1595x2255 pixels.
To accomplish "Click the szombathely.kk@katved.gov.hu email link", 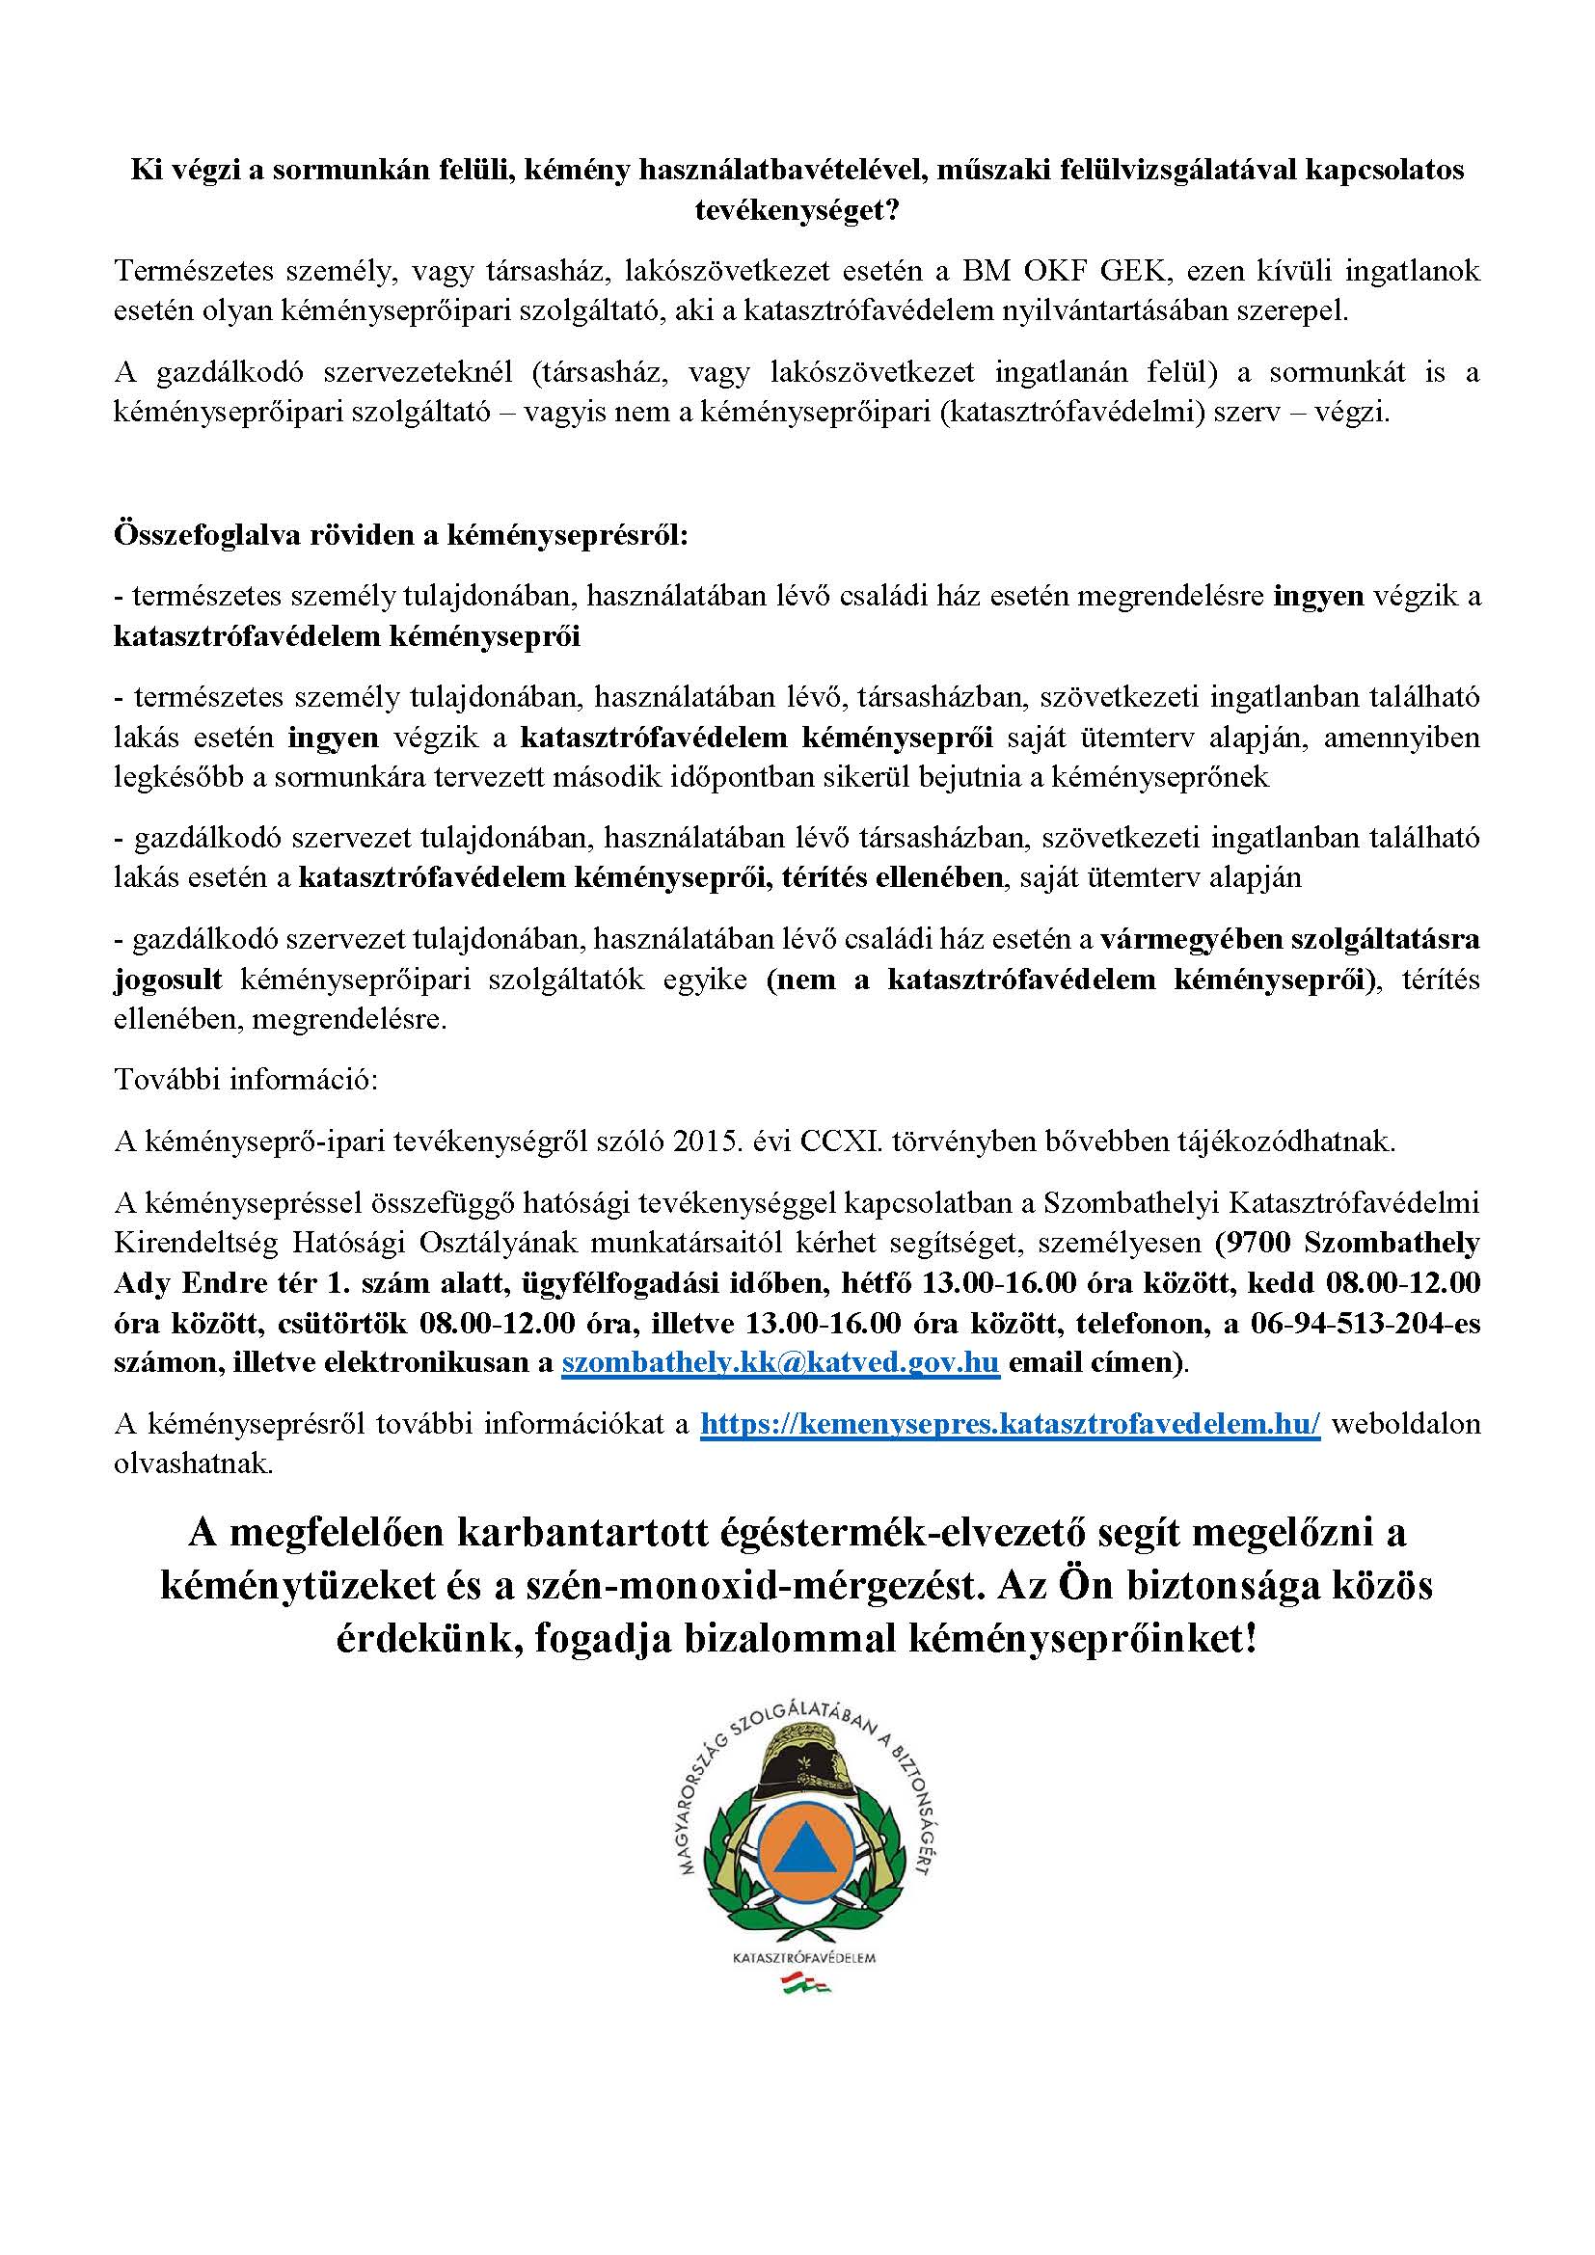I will [x=780, y=1364].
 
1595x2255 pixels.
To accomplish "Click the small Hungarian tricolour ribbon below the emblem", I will [x=804, y=1985].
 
